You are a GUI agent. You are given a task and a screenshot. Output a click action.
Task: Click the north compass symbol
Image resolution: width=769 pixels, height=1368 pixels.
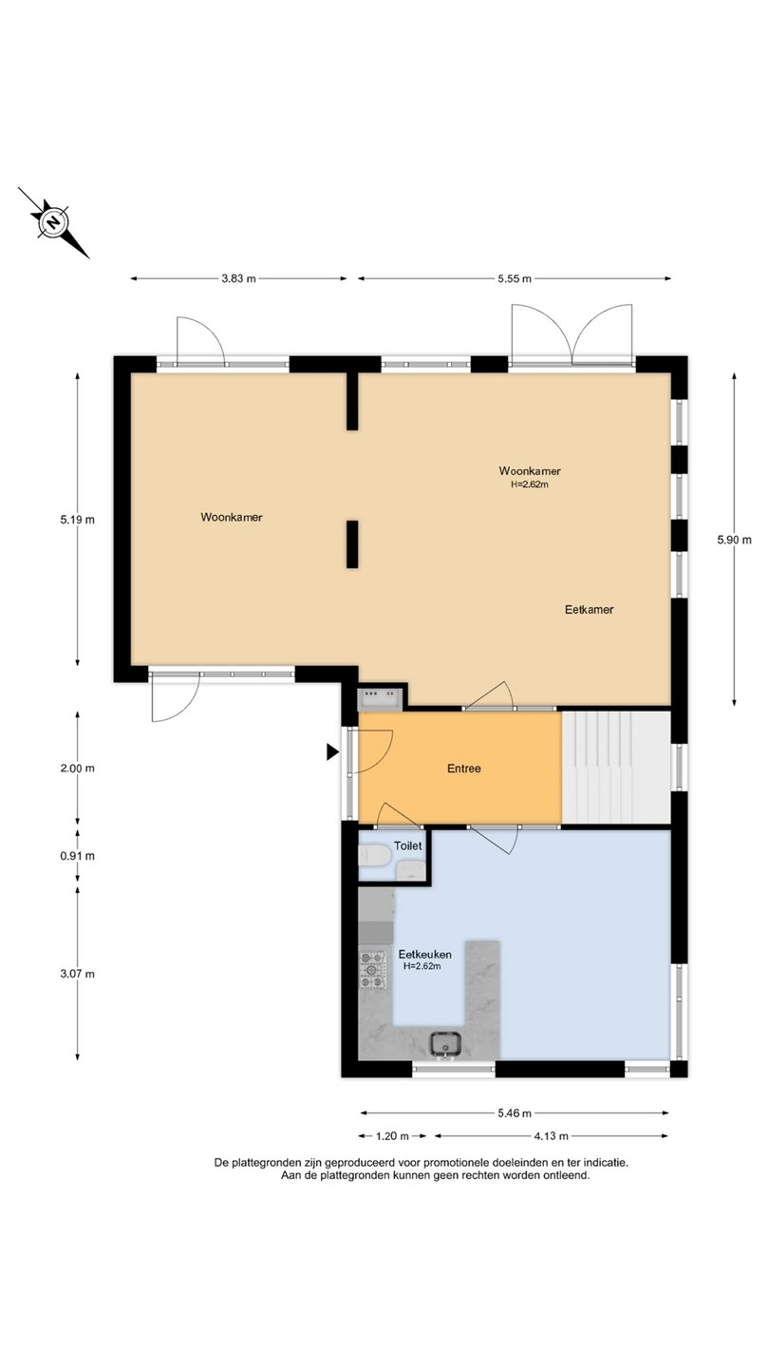(x=54, y=222)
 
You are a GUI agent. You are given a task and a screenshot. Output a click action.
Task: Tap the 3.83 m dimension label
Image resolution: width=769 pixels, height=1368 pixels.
(x=238, y=278)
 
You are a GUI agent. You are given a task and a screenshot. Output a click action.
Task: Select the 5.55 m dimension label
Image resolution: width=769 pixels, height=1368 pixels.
(x=514, y=278)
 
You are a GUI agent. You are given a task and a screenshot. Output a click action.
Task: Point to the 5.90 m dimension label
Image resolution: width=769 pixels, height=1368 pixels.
(x=734, y=540)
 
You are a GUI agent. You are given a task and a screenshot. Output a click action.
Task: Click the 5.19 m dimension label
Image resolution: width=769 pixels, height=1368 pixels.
(x=78, y=520)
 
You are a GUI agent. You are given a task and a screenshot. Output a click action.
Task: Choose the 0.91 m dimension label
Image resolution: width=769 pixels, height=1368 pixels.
(x=78, y=856)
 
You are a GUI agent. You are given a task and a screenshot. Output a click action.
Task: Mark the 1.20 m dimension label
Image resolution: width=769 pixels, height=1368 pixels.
(x=392, y=1136)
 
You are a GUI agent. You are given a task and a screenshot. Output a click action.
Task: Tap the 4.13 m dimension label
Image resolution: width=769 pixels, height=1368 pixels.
(x=551, y=1136)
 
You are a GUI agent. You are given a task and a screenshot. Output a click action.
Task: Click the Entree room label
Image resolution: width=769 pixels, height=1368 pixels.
(x=464, y=769)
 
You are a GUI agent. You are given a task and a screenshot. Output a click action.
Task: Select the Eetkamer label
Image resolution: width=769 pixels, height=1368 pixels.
(x=589, y=609)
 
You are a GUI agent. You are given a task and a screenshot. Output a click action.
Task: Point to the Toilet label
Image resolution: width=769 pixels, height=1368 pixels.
(x=407, y=845)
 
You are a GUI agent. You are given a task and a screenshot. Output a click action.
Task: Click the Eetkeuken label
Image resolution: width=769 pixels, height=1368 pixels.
(x=424, y=954)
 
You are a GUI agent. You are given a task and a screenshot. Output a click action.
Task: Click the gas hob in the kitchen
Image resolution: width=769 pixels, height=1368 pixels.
(x=372, y=970)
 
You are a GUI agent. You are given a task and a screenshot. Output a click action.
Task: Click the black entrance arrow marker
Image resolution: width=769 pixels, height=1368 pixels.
(x=332, y=751)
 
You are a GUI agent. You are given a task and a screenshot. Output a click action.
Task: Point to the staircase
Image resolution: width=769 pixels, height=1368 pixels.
(x=616, y=767)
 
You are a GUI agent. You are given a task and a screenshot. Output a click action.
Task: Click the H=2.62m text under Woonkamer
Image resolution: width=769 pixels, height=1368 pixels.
(x=530, y=484)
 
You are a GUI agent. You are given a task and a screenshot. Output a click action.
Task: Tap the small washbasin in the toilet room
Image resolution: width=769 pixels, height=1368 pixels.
(x=411, y=869)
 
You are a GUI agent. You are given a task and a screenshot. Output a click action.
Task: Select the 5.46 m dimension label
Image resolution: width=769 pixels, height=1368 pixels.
(x=514, y=1112)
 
